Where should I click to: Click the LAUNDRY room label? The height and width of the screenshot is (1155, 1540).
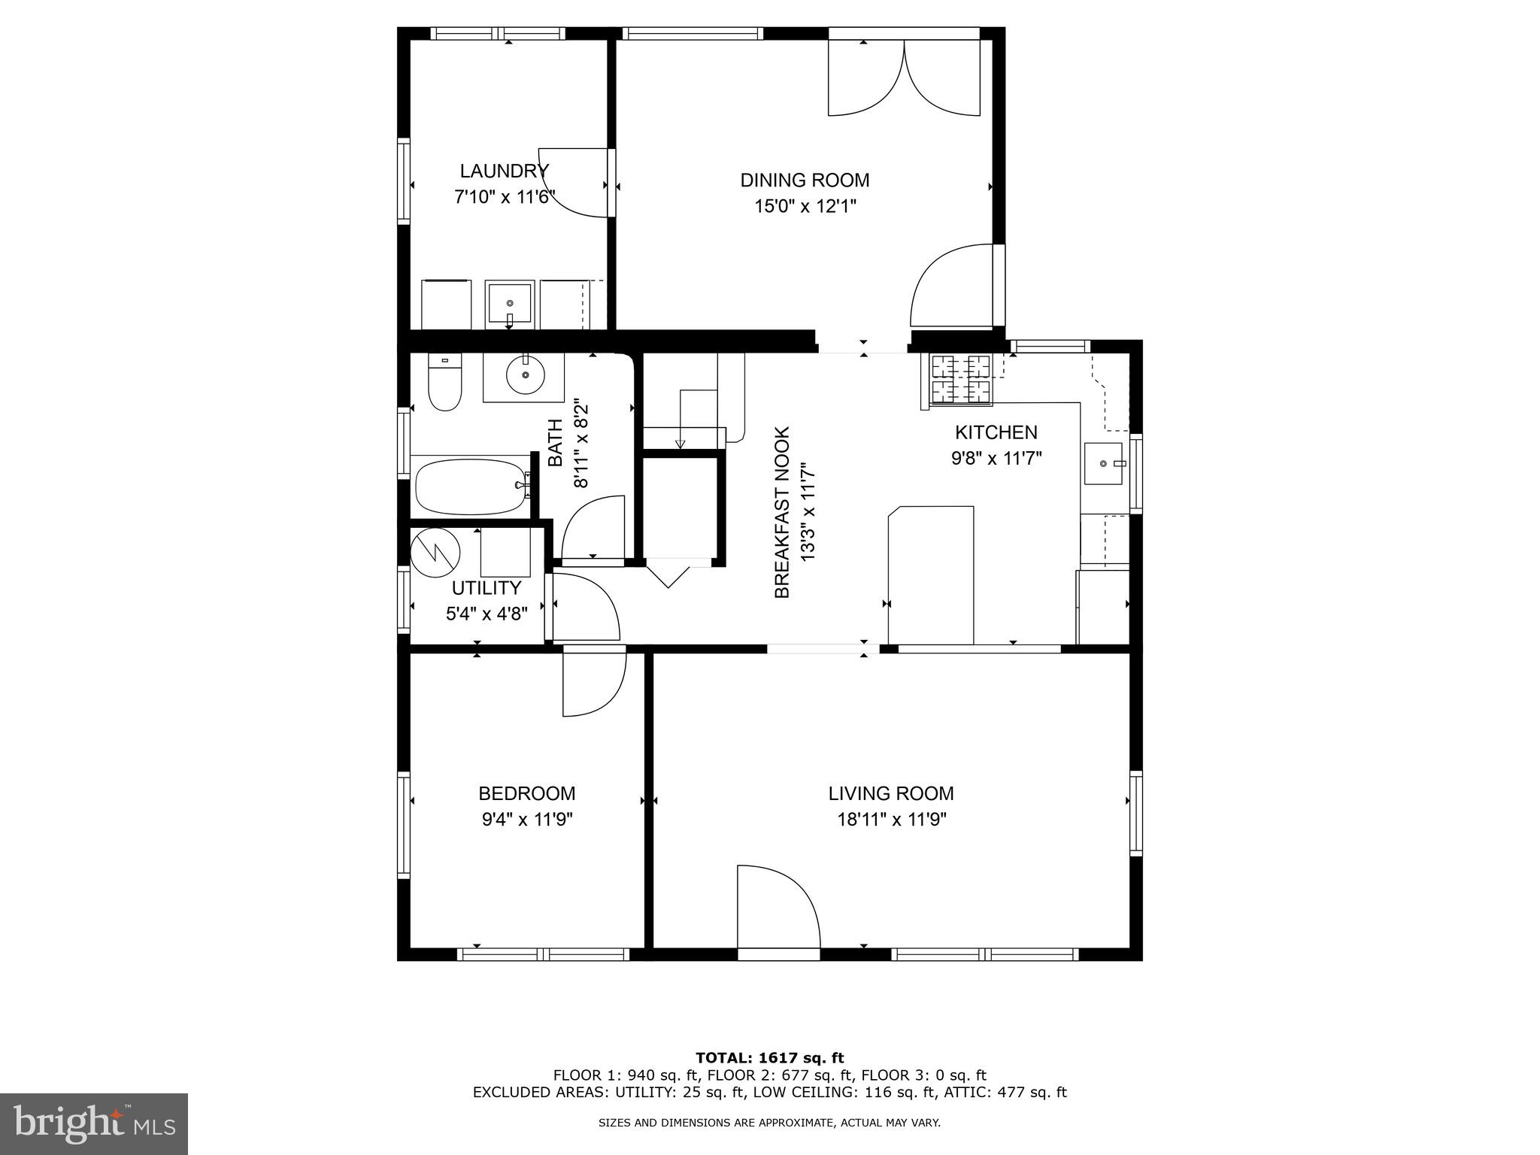504,171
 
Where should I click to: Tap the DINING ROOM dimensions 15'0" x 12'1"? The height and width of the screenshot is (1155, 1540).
805,206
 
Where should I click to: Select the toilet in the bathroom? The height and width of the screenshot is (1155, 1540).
444,384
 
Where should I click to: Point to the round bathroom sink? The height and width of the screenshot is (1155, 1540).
524,376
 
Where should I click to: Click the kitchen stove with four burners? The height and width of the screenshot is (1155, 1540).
960,378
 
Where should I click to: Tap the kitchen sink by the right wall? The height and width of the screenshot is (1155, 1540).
1104,464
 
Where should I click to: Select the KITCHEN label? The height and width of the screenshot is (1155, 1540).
996,432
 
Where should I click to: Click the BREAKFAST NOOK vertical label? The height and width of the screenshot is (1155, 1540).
782,513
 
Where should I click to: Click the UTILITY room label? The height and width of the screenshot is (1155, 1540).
486,588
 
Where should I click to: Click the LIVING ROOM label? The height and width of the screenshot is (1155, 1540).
891,793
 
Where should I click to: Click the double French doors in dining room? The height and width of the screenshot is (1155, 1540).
904,79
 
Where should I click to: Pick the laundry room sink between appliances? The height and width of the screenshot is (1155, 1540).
510,305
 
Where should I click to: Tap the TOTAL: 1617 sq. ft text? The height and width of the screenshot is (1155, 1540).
769,1059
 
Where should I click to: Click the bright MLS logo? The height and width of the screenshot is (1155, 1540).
93,1123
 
